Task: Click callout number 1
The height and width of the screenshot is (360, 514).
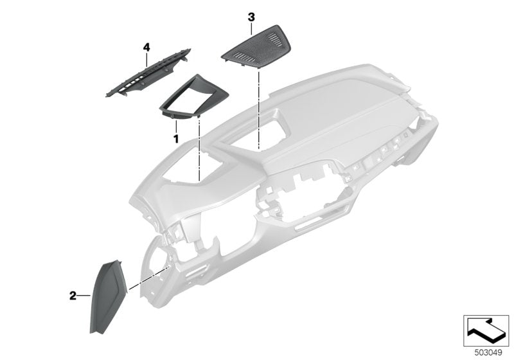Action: coord(174,138)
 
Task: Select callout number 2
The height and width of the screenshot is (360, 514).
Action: coord(73,296)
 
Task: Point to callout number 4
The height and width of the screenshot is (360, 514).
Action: coord(146,47)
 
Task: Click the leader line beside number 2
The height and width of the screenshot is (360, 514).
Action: coord(85,296)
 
